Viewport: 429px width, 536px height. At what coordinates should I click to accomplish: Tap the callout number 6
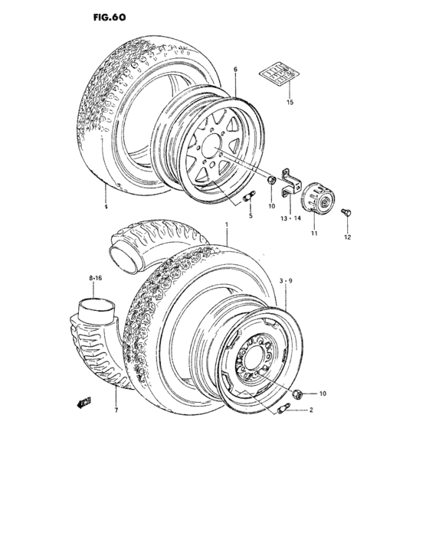[x=235, y=70]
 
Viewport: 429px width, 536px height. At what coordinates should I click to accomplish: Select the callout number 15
[x=290, y=102]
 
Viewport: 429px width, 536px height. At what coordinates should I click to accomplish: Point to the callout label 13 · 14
[x=291, y=218]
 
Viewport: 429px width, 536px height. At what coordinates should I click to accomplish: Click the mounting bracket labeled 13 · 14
[x=290, y=184]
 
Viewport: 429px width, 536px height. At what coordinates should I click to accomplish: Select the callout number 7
[x=116, y=410]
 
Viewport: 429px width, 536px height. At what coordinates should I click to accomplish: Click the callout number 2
[x=312, y=410]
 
